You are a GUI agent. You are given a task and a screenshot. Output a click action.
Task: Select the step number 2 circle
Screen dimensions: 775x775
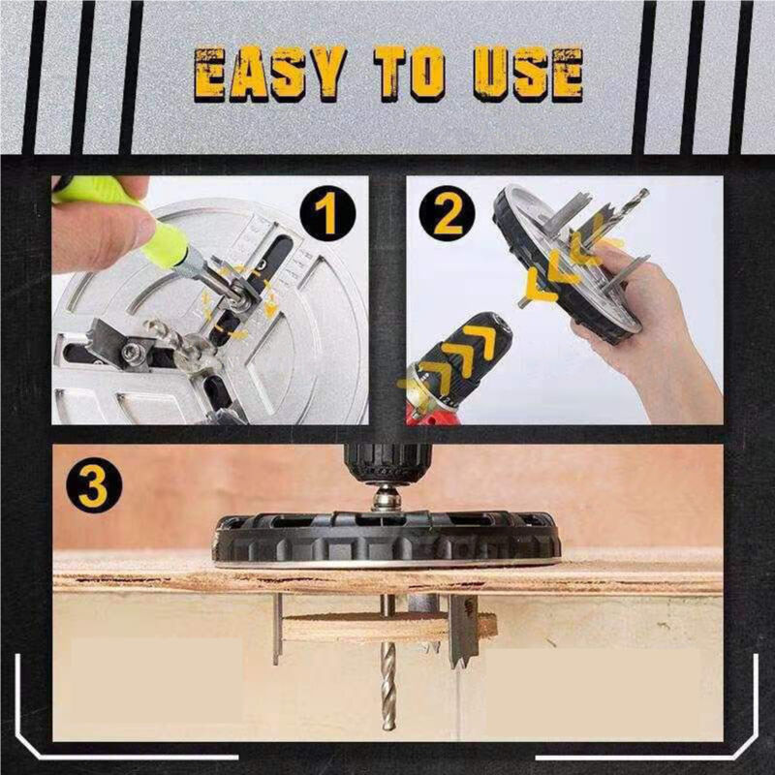tap(447, 215)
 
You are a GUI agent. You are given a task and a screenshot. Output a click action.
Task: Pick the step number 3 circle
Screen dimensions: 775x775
tap(92, 487)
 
